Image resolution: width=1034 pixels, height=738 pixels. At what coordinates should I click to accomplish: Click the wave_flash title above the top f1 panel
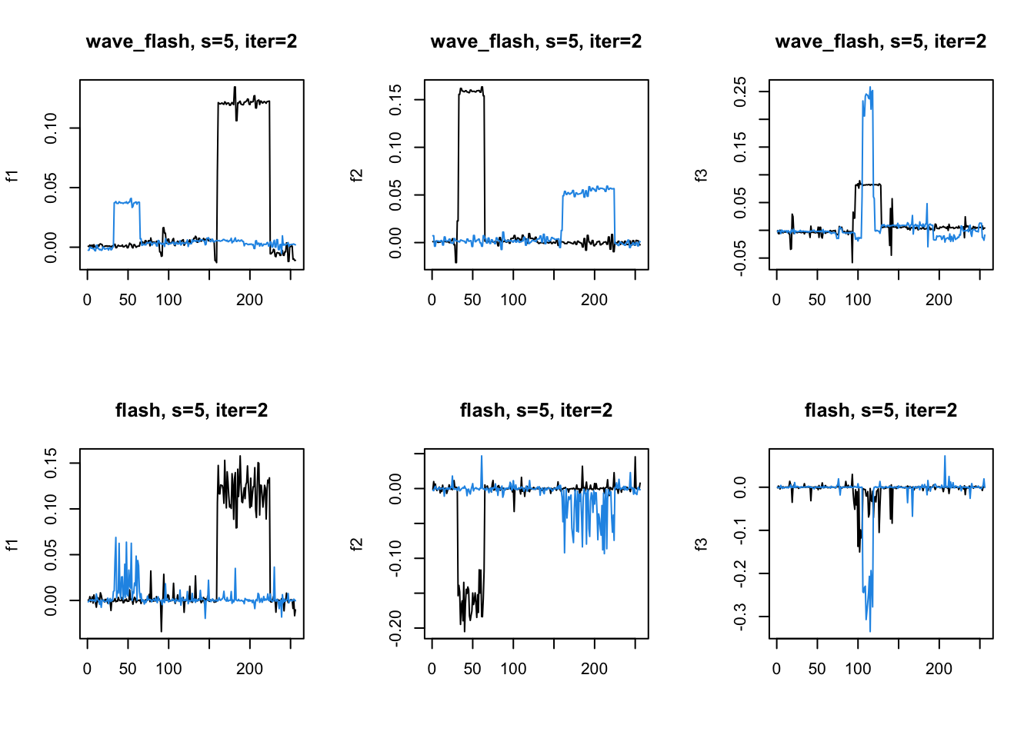pyautogui.click(x=192, y=42)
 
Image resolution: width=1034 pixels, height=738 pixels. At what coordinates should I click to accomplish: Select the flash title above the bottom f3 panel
pyautogui.click(x=881, y=411)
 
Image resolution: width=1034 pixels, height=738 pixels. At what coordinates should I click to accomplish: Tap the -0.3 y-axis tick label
pyautogui.click(x=740, y=617)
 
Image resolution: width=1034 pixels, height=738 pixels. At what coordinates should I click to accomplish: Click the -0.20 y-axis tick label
pyautogui.click(x=395, y=628)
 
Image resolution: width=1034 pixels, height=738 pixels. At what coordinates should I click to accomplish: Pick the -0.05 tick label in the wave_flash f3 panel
pyautogui.click(x=740, y=258)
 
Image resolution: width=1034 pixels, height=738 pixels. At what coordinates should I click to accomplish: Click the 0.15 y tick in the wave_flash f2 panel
pyautogui.click(x=395, y=99)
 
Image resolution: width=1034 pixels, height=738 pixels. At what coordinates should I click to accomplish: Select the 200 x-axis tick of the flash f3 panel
pyautogui.click(x=939, y=669)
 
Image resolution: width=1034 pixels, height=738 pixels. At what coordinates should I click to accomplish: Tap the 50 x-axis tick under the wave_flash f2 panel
pyautogui.click(x=472, y=300)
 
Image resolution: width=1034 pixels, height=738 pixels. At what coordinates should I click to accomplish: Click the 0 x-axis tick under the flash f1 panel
pyautogui.click(x=87, y=669)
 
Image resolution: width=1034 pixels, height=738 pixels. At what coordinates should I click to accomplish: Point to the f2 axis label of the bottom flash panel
pyautogui.click(x=356, y=544)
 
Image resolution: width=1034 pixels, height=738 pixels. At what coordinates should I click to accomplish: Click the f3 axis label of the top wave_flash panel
pyautogui.click(x=701, y=175)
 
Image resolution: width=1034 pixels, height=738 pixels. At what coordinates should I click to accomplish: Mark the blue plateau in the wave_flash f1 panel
pyautogui.click(x=127, y=202)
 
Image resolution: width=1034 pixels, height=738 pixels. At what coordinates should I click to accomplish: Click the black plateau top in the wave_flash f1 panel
pyautogui.click(x=244, y=101)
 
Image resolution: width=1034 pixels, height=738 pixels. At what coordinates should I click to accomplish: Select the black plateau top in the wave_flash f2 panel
pyautogui.click(x=472, y=91)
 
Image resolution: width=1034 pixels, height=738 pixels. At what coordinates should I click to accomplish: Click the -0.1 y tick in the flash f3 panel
pyautogui.click(x=740, y=530)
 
